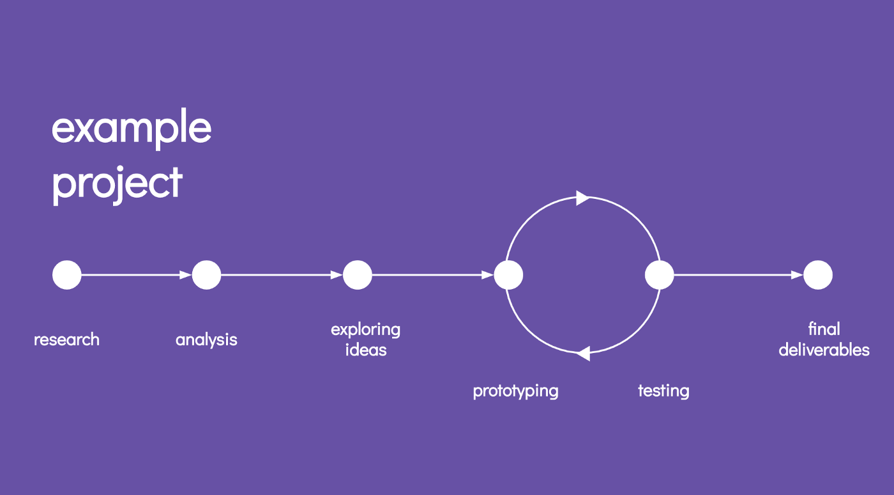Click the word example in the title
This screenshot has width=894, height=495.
click(132, 129)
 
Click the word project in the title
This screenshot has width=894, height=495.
click(117, 185)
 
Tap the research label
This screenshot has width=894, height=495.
click(66, 340)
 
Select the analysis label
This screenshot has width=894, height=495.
click(206, 340)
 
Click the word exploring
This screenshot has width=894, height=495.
click(365, 330)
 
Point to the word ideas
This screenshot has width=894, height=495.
click(366, 350)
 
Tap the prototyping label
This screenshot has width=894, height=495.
click(516, 391)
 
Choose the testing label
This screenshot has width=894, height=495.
click(663, 391)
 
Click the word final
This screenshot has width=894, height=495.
click(824, 329)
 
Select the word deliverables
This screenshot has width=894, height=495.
click(824, 350)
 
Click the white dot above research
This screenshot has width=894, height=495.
click(66, 275)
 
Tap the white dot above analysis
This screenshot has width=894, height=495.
click(206, 275)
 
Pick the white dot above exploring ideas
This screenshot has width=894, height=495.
click(358, 275)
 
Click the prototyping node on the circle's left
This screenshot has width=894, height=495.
click(508, 275)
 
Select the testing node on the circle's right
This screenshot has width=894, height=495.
click(659, 275)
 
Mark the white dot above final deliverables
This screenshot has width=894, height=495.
click(818, 275)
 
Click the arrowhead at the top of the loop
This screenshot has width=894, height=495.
click(582, 198)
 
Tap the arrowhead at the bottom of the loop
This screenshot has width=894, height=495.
click(584, 354)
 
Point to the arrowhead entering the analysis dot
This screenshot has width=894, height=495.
click(186, 275)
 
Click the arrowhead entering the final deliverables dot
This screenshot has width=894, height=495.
click(797, 275)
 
